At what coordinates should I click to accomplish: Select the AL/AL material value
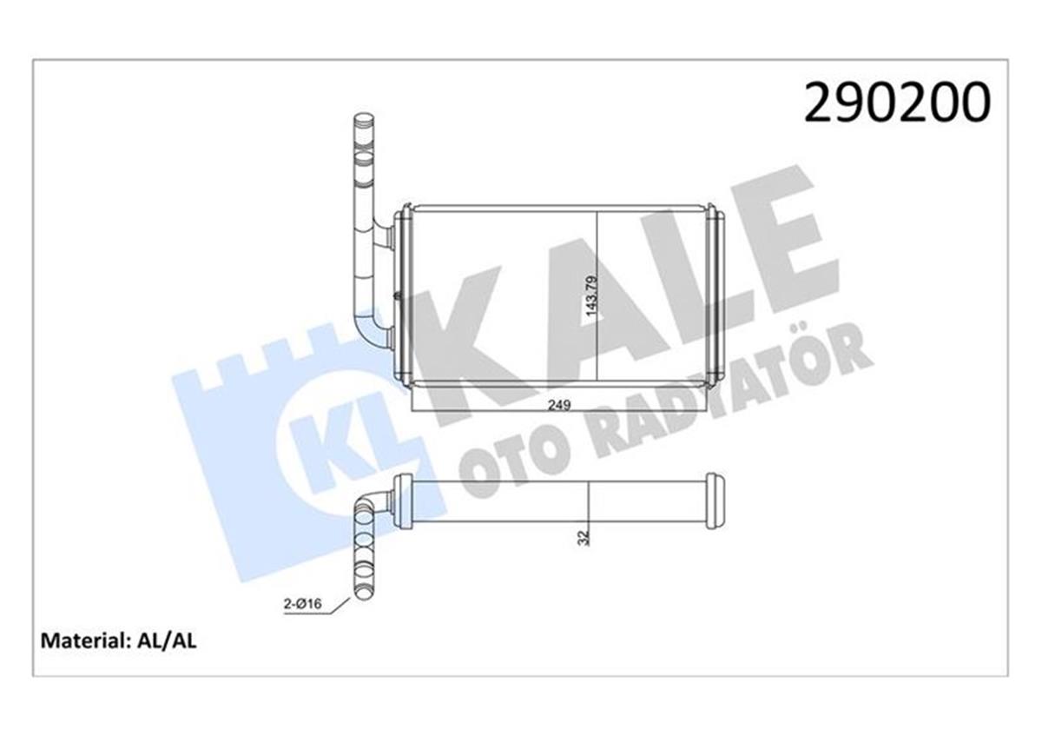pos(167,641)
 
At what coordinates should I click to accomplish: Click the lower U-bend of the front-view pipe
pos(372,335)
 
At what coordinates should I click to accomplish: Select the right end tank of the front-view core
pos(710,295)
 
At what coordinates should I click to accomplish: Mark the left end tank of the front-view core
pos(403,295)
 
